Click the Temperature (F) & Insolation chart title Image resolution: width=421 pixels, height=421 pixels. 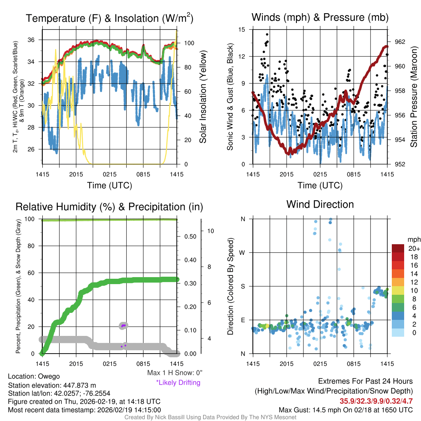(x=109, y=19)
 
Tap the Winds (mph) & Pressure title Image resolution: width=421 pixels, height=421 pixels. (x=320, y=18)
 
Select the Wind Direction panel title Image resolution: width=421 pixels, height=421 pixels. (x=320, y=204)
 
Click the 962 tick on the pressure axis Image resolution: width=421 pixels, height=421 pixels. (x=399, y=42)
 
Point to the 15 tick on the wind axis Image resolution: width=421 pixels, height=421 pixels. (x=241, y=30)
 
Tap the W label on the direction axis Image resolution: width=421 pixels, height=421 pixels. (x=243, y=252)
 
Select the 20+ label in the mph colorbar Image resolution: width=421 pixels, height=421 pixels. (x=414, y=248)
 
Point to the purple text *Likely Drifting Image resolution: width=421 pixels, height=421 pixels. (x=178, y=383)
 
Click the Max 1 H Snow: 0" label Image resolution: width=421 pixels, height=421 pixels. (x=174, y=373)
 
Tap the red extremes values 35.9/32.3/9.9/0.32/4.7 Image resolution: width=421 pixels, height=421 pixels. (x=376, y=401)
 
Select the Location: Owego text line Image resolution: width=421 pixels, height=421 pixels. (x=34, y=376)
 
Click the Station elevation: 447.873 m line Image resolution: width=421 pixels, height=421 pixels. (x=52, y=385)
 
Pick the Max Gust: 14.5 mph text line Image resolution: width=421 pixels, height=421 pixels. (x=346, y=410)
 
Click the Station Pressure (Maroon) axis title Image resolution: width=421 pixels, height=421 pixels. (x=414, y=97)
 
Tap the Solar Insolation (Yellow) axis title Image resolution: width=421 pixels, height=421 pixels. (x=203, y=97)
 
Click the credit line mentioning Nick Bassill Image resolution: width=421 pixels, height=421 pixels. (x=210, y=417)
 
